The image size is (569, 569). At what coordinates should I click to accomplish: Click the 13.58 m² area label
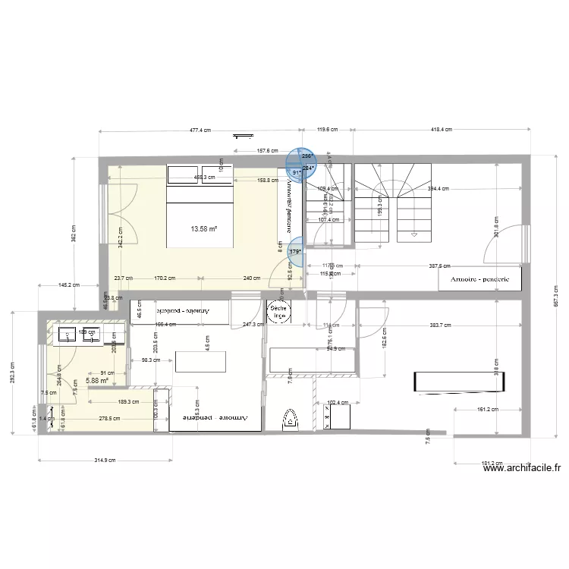[x=204, y=228]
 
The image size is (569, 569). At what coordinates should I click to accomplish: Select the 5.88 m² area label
[x=97, y=382]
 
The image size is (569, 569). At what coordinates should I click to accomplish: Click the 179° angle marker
[x=295, y=252]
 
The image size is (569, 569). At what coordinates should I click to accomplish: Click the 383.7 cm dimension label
[x=440, y=325]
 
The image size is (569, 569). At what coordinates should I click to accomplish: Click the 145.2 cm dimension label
[x=68, y=286]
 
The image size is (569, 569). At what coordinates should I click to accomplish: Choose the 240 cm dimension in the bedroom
[x=250, y=278]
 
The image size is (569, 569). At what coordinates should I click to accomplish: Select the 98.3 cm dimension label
[x=149, y=361]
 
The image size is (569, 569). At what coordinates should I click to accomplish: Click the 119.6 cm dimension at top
[x=326, y=130]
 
